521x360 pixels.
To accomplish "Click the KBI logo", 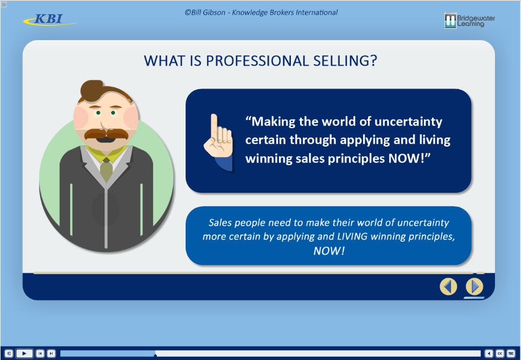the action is pyautogui.click(x=50, y=20).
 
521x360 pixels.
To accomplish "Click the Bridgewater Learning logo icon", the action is pyautogui.click(x=450, y=21).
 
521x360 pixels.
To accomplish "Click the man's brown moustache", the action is pyautogui.click(x=106, y=134).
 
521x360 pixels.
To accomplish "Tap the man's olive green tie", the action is pyautogui.click(x=106, y=169).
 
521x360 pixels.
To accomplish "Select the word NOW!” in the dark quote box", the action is pyautogui.click(x=409, y=158).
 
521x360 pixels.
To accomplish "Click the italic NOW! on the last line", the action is pyautogui.click(x=329, y=251).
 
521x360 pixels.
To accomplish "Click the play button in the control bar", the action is pyautogui.click(x=24, y=353).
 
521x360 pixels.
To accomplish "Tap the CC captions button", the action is pyautogui.click(x=500, y=353).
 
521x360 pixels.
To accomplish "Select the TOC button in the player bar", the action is pyautogui.click(x=511, y=353).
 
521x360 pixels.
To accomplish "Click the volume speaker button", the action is pyautogui.click(x=489, y=353).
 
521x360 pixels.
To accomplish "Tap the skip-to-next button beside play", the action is pyautogui.click(x=51, y=353).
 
